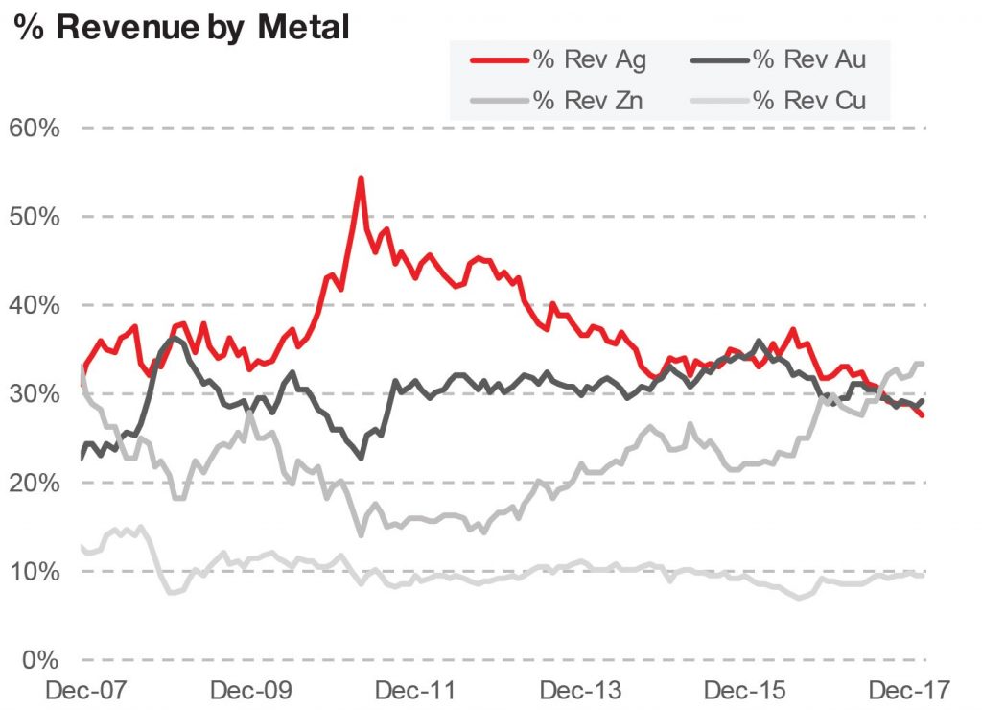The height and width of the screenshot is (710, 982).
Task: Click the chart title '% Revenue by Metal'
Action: [181, 26]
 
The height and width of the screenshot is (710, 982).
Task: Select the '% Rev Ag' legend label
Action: [590, 59]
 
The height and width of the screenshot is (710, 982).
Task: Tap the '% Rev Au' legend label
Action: [809, 59]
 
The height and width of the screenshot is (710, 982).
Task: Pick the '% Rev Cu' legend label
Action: [809, 99]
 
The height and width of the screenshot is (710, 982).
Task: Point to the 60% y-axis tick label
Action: [36, 128]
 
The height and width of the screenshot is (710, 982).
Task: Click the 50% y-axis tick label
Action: [36, 217]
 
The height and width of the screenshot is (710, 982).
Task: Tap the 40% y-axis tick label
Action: [36, 305]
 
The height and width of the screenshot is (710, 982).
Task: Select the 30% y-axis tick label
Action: [36, 394]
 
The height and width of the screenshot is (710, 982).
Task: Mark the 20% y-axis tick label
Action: [36, 483]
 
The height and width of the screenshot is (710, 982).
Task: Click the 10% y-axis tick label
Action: [36, 572]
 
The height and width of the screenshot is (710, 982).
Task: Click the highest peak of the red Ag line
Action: [361, 177]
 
